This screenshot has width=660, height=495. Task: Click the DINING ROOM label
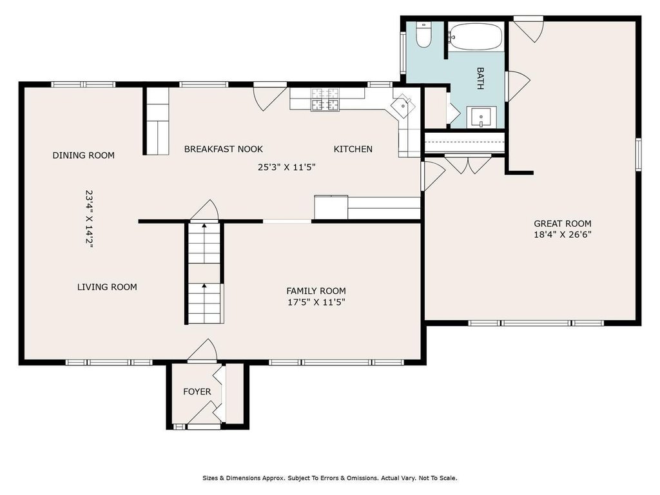point(83,155)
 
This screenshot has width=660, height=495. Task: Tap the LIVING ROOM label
point(107,287)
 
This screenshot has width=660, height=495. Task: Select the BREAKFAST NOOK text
point(224,149)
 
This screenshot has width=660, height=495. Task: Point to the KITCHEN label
point(353,149)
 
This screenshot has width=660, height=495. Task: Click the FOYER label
point(197,391)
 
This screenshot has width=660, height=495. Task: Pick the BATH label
point(480,78)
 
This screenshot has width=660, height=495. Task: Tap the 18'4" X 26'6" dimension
point(563,235)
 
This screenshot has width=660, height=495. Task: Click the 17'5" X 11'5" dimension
point(316,302)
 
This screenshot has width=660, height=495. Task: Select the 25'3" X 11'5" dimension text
point(287,167)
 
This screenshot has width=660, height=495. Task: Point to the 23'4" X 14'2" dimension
point(89,219)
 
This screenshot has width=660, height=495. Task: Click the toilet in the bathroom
point(423,35)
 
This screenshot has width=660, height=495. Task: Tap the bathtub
point(476,37)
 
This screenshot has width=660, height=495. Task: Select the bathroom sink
point(481,117)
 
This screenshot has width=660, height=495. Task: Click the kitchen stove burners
point(325,99)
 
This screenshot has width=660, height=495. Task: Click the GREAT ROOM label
point(562,224)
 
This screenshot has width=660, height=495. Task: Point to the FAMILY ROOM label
point(316,291)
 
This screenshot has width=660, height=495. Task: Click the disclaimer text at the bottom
point(330,478)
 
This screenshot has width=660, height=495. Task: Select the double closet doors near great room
point(468,164)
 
